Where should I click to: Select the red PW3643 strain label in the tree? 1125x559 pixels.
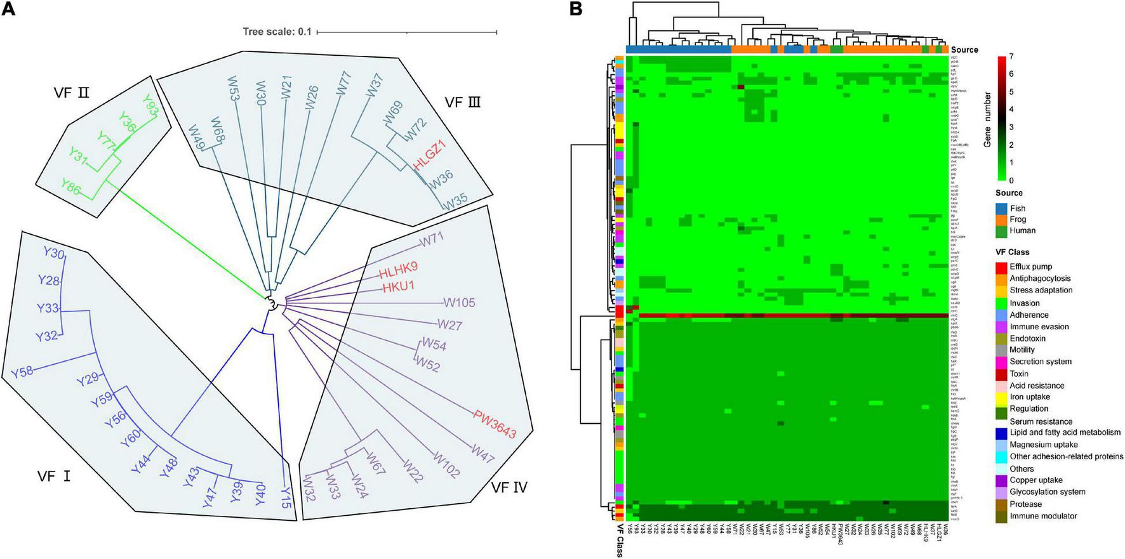494,424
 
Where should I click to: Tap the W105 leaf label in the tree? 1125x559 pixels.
459,303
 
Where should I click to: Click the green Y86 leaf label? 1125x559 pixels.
75,185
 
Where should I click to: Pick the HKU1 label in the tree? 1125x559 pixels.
398,287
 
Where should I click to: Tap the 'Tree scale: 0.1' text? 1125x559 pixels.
277,32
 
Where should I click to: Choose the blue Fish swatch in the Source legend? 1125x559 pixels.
1001,208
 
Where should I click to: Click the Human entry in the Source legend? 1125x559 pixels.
1022,230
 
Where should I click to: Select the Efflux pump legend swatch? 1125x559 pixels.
1001,267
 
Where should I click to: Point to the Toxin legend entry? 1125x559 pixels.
1019,374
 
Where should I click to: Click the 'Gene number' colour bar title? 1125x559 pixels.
987,119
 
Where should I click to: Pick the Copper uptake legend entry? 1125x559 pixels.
1035,480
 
